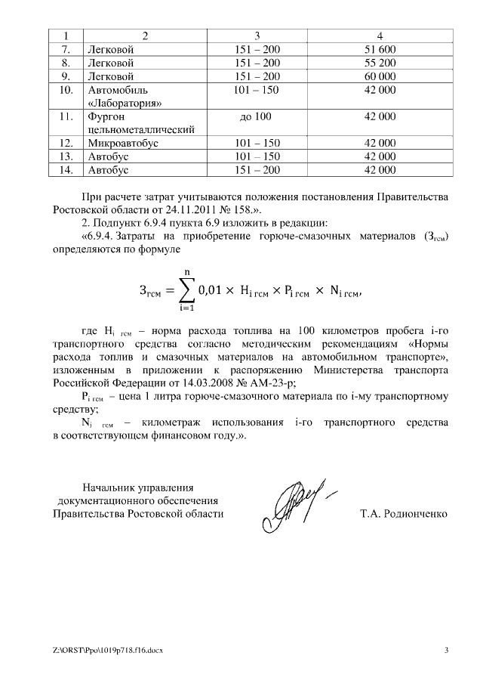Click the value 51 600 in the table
[x=380, y=49]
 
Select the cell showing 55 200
[x=380, y=63]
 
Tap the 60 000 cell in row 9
[x=380, y=76]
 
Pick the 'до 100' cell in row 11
[x=257, y=116]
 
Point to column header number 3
[x=257, y=36]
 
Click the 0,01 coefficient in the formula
[x=211, y=290]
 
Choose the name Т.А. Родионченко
[x=404, y=514]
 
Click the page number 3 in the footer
[x=445, y=651]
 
